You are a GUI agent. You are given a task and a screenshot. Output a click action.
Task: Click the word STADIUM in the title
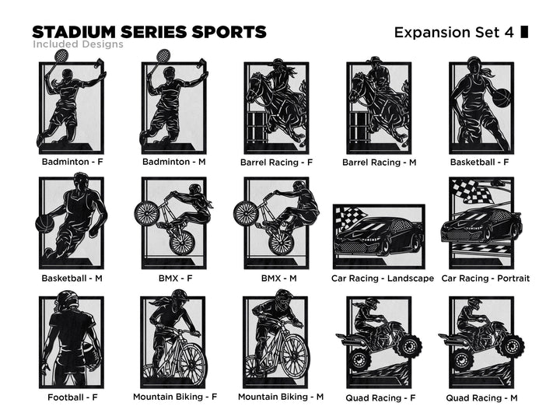(x=74, y=32)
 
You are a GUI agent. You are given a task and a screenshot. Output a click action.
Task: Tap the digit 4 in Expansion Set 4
(x=509, y=33)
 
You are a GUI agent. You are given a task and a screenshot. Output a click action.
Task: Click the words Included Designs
(x=78, y=44)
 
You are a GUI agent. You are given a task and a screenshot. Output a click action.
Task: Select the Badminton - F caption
(x=72, y=162)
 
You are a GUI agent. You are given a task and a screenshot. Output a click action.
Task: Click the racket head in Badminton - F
(x=61, y=55)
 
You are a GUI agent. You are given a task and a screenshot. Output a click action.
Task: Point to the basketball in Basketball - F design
(x=502, y=97)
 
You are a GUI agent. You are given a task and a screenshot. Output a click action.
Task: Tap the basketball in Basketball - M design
(x=45, y=223)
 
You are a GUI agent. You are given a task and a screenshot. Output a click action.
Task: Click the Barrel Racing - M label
(x=380, y=163)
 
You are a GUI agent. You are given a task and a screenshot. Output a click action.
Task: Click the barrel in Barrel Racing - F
(x=256, y=128)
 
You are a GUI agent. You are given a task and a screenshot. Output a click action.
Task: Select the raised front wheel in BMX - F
(x=146, y=213)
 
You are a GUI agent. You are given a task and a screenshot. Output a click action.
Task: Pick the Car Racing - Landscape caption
(x=383, y=278)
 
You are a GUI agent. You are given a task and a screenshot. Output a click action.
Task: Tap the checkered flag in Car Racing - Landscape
(x=352, y=217)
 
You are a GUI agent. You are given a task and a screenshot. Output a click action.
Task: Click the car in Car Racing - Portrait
(x=481, y=225)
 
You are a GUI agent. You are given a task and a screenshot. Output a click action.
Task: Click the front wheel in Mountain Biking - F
(x=193, y=362)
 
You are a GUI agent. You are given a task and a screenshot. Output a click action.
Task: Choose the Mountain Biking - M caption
(x=281, y=397)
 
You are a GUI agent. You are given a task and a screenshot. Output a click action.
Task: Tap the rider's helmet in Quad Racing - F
(x=373, y=303)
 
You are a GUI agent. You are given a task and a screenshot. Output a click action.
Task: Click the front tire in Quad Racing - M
(x=513, y=345)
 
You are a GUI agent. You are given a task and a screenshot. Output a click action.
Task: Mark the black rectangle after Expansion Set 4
(x=524, y=32)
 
